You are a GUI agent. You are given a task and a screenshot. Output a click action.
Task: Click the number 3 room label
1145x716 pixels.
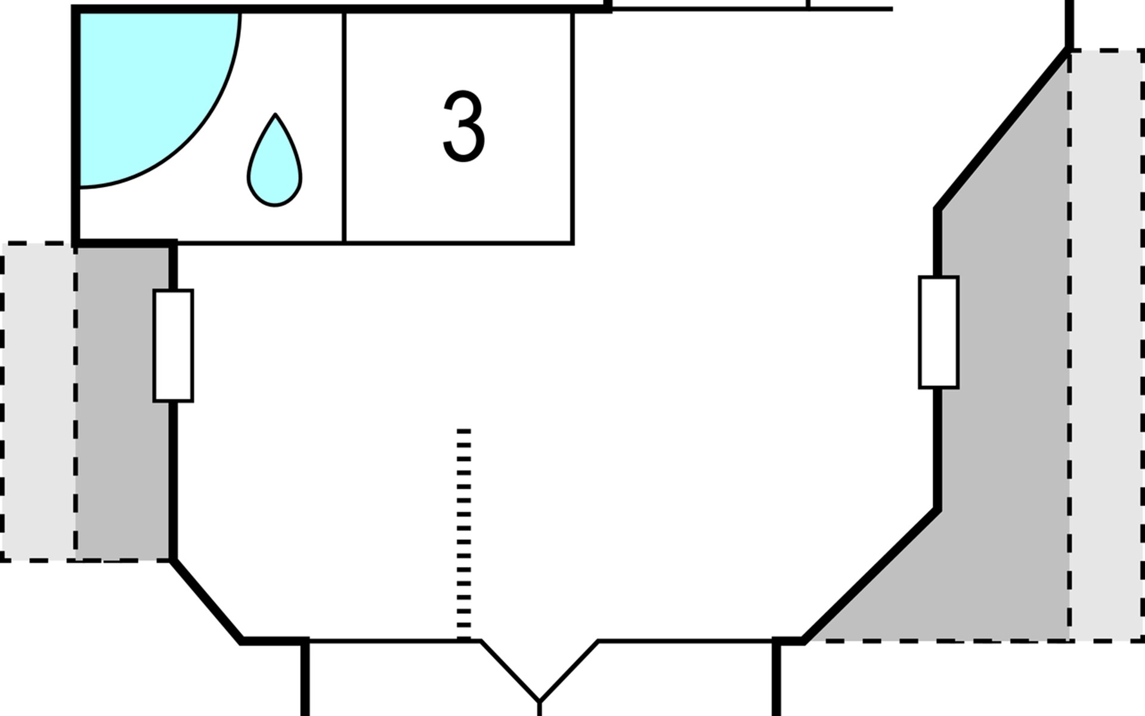point(464,126)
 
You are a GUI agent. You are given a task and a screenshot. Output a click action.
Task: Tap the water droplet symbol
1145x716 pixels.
point(274,161)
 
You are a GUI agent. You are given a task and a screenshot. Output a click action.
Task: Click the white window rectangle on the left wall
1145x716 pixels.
point(173,345)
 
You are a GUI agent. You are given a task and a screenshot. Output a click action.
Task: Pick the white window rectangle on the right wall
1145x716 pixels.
point(939,332)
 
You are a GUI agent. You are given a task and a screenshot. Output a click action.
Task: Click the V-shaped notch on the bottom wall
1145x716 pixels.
point(539,671)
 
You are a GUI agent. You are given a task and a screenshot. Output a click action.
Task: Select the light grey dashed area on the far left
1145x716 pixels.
point(38,402)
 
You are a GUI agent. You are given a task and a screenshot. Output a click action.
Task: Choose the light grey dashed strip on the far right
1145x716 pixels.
point(1107,346)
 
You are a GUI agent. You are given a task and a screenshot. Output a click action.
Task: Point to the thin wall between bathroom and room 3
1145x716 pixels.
point(345,128)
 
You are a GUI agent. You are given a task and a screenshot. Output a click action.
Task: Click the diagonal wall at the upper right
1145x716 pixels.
point(1002,129)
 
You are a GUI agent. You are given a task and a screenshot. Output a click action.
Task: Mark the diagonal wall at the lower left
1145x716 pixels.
point(206,601)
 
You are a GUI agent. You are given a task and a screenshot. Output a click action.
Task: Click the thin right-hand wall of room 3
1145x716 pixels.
point(572,128)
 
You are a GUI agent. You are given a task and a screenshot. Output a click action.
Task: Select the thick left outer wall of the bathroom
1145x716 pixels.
point(76,126)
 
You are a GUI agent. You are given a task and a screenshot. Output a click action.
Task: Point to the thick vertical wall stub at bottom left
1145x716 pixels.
point(305,678)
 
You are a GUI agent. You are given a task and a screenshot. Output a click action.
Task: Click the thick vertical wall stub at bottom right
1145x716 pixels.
point(776,678)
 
